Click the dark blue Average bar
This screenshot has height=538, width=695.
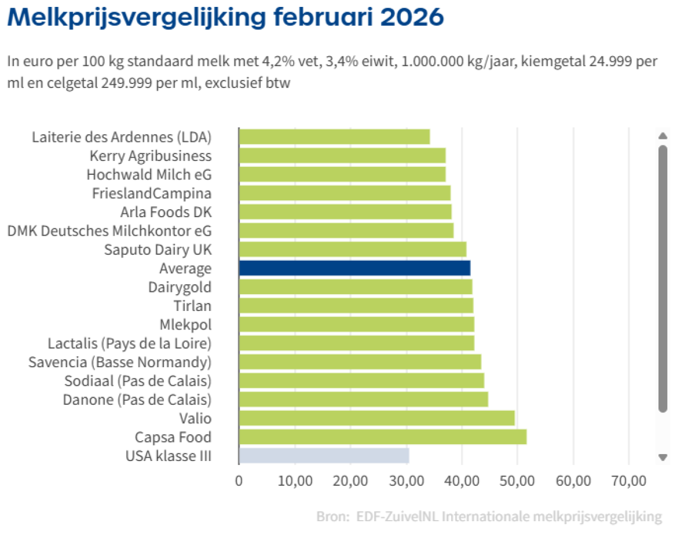[354, 268]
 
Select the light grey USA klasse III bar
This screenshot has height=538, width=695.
[324, 456]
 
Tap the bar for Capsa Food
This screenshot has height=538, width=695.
[382, 437]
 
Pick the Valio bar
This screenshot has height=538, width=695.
[376, 418]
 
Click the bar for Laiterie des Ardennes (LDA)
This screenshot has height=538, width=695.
[334, 137]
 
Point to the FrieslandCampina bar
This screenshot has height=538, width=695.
[345, 193]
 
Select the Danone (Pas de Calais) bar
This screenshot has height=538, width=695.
[363, 400]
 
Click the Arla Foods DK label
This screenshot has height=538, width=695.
[166, 212]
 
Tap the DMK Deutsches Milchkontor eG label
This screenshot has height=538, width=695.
[109, 230]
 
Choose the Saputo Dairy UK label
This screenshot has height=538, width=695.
[158, 250]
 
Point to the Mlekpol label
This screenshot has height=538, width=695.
[185, 324]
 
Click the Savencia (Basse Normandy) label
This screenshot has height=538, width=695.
[120, 362]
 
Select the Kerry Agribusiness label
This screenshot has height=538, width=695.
[151, 156]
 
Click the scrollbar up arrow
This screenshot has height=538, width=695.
[663, 136]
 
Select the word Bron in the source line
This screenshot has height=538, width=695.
[331, 517]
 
